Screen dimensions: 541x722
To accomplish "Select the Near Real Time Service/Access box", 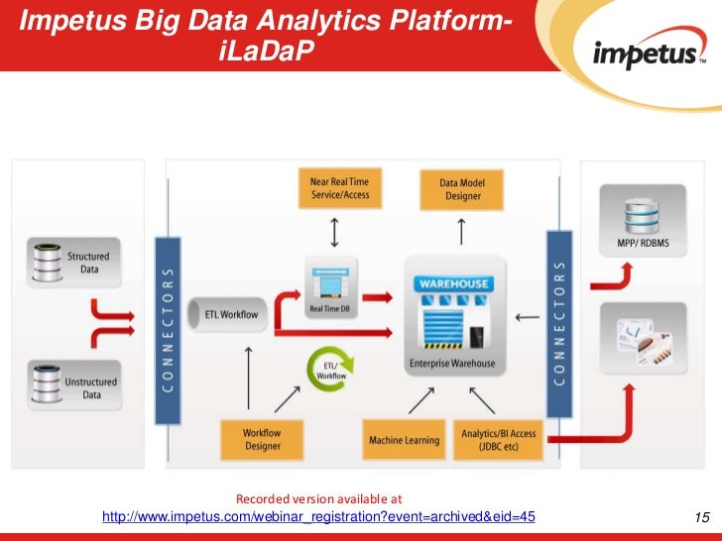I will pos(340,188).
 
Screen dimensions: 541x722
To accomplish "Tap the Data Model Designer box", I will pos(462,189).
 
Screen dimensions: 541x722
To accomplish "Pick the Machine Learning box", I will pos(403,440).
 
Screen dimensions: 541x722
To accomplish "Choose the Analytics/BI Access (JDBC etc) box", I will pos(498,440).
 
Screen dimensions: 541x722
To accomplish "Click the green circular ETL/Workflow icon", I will pos(329,370).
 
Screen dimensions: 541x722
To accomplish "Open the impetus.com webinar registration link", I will pos(318,516).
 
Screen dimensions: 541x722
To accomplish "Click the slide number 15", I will pos(702,517).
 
